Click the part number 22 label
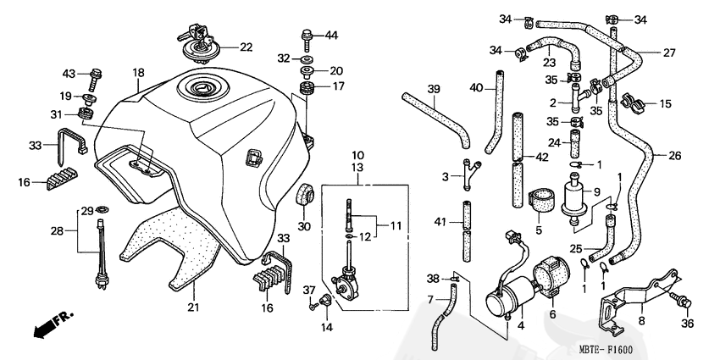click(246, 47)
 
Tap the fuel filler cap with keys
click(202, 43)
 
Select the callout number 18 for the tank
click(138, 73)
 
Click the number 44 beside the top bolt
click(331, 35)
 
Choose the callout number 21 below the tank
click(193, 307)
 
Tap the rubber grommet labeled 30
click(303, 195)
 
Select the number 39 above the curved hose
click(434, 89)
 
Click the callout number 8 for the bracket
click(641, 322)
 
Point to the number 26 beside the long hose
click(673, 155)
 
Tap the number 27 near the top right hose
click(669, 53)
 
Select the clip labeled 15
click(635, 103)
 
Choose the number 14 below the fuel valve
click(326, 328)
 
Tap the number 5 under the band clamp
click(538, 229)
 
